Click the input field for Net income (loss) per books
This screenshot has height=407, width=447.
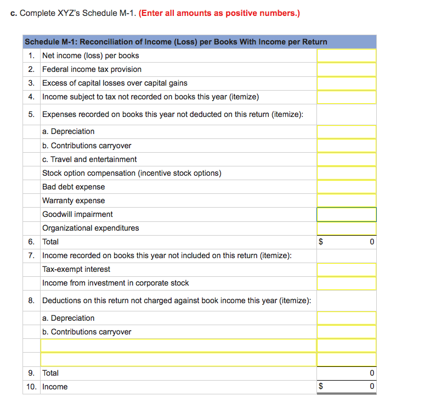(x=346, y=55)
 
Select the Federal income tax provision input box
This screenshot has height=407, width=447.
(x=346, y=69)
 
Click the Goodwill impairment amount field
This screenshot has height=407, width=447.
(x=346, y=214)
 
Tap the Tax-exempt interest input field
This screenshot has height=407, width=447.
(x=346, y=269)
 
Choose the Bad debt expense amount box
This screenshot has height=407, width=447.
(x=346, y=187)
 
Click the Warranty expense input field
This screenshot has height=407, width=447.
(x=346, y=200)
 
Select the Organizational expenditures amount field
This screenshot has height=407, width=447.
(x=346, y=228)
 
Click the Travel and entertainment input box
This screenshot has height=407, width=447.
(x=346, y=159)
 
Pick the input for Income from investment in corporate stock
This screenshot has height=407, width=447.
(x=346, y=283)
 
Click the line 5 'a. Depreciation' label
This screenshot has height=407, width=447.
(x=68, y=131)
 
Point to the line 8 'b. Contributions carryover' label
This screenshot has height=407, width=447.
(x=87, y=332)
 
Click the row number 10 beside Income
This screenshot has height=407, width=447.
(x=32, y=387)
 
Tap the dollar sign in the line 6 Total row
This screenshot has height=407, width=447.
(x=321, y=242)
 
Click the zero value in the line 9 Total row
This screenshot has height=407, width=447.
(x=372, y=373)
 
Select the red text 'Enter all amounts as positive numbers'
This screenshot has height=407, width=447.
(x=219, y=13)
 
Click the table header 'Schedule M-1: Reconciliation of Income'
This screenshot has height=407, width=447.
(x=176, y=42)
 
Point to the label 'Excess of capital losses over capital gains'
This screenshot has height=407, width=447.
(x=115, y=83)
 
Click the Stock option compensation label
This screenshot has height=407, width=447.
(x=132, y=173)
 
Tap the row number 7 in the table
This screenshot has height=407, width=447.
(x=32, y=255)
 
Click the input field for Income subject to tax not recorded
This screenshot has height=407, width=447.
(x=346, y=97)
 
